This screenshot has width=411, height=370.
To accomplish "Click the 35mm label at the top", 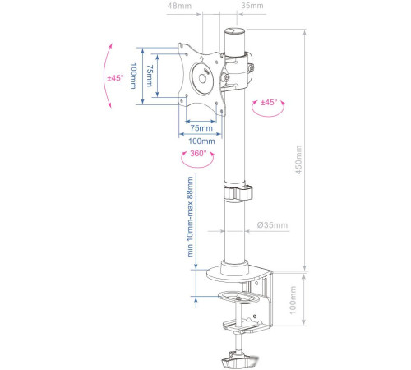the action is click(x=252, y=7).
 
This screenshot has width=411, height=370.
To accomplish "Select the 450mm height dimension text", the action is click(x=299, y=161).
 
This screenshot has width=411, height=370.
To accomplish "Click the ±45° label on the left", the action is click(x=115, y=78).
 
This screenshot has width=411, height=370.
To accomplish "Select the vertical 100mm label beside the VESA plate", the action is click(x=133, y=76).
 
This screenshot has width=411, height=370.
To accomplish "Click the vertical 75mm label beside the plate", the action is click(x=149, y=76).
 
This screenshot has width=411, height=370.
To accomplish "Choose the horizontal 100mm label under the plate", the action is click(x=201, y=141).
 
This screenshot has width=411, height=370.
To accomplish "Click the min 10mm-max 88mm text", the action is click(x=190, y=219).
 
